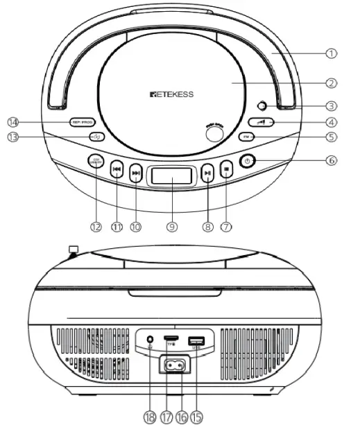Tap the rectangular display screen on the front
(x=170, y=177)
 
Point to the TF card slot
(x=171, y=340)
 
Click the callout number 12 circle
(x=96, y=226)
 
